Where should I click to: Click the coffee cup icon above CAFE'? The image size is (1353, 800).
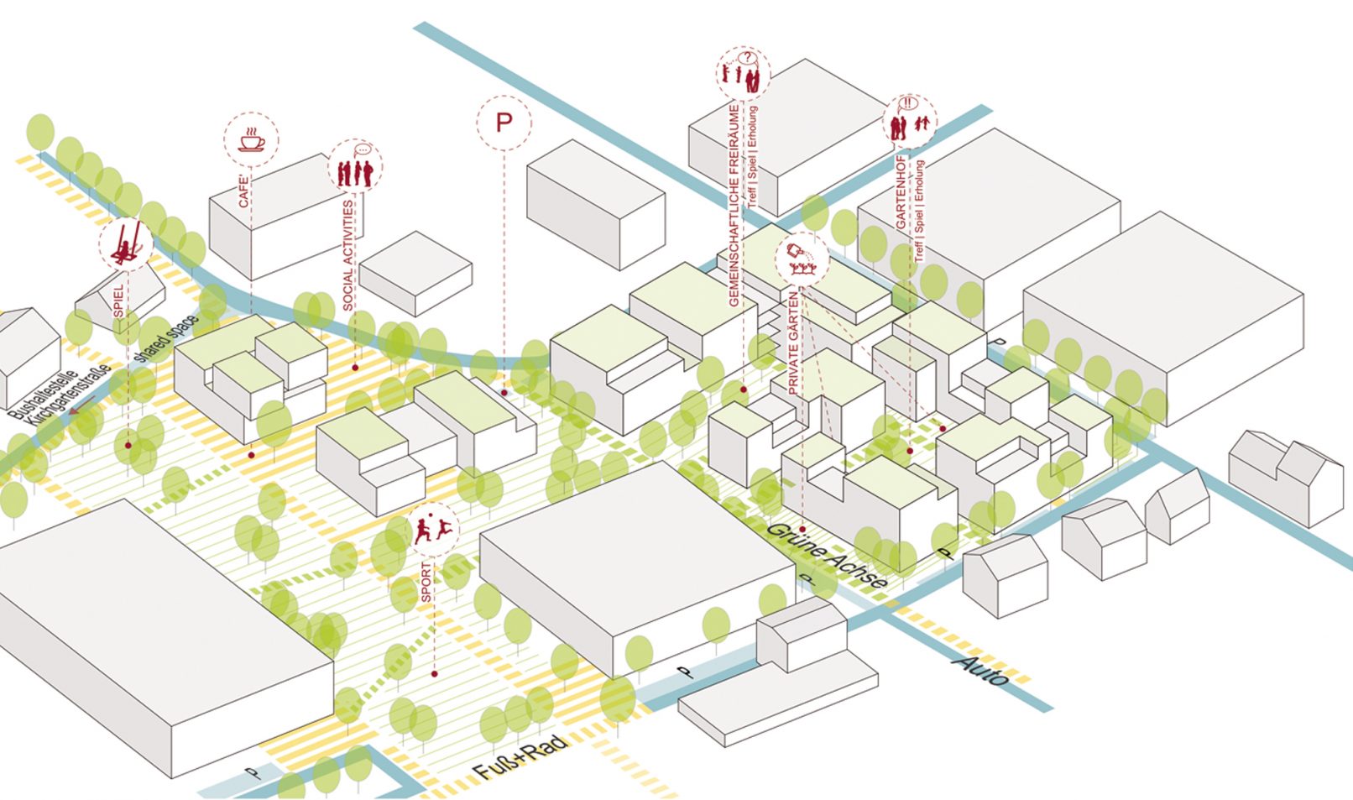(x=251, y=140)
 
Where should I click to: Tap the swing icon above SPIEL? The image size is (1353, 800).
(x=126, y=243)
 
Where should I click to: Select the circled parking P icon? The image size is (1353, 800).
(x=504, y=123)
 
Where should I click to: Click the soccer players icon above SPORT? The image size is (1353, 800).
(x=434, y=530)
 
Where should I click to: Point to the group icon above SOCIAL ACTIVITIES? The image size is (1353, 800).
(x=354, y=167)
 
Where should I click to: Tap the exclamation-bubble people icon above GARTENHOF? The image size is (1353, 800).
(x=910, y=123)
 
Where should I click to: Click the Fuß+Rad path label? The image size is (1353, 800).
(x=520, y=757)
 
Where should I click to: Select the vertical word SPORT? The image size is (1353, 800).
(x=426, y=581)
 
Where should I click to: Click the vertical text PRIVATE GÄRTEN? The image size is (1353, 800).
(x=793, y=342)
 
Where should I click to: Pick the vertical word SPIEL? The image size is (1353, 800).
(x=118, y=301)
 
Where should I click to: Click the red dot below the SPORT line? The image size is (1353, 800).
(x=435, y=673)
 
